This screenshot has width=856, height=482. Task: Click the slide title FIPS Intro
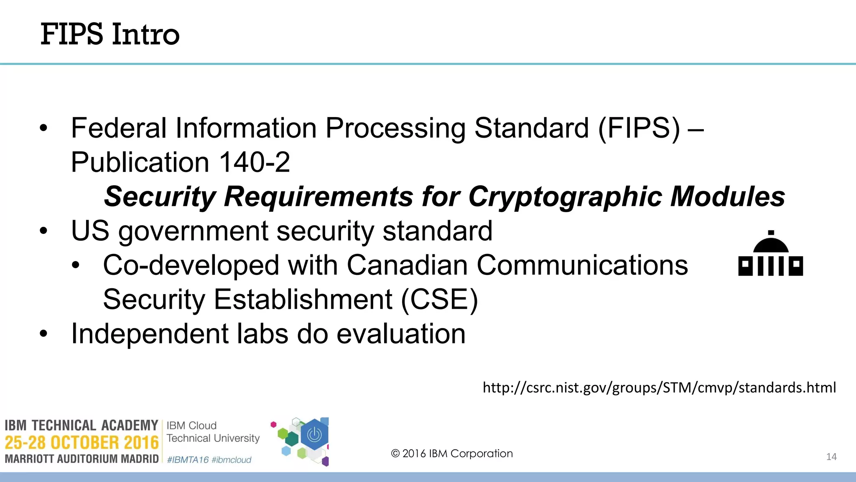click(x=110, y=34)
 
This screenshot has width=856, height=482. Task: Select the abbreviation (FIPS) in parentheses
click(x=639, y=128)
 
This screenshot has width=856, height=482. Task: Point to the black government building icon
click(x=770, y=255)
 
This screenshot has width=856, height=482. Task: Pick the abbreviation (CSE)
click(x=439, y=300)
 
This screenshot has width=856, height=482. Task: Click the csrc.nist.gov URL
click(x=659, y=387)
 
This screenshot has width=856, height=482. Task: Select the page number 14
click(x=831, y=457)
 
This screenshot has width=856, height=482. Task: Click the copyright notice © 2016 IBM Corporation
click(x=451, y=454)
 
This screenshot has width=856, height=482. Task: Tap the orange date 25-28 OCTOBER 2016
click(x=82, y=443)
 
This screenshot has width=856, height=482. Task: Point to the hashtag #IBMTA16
click(x=188, y=460)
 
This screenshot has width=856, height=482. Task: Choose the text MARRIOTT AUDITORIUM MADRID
click(x=82, y=459)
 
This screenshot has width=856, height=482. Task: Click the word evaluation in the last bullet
click(x=401, y=334)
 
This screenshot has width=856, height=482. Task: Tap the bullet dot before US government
click(x=44, y=231)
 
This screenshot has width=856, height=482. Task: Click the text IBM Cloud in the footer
click(x=191, y=426)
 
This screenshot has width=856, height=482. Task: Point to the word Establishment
click(x=303, y=300)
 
